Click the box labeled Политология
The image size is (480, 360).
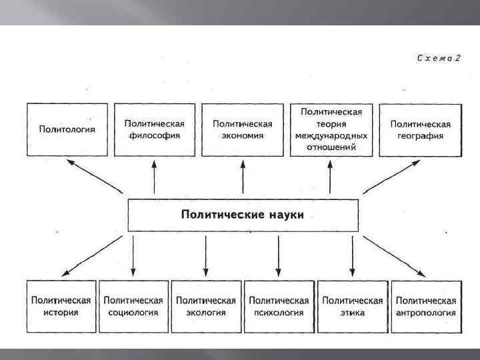67,129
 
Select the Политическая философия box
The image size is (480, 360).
154,129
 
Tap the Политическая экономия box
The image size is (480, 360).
243,129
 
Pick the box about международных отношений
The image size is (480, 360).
331,129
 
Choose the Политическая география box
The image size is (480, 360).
420,129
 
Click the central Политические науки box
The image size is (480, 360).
243,216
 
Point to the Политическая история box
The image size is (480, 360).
61,307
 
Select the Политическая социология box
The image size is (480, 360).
133,307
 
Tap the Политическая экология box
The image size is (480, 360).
206,307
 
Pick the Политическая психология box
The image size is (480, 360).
279,307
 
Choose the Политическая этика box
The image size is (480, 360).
352,307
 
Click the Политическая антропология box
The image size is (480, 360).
425,307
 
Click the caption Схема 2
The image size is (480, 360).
438,58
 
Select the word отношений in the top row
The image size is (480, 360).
331,147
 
